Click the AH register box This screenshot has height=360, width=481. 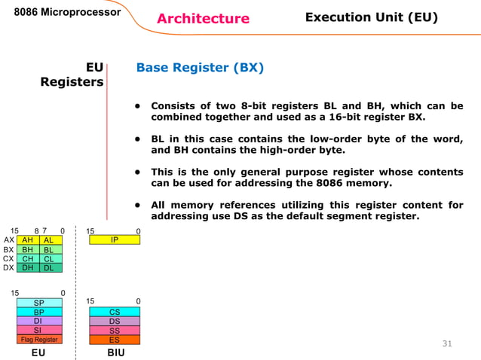tap(28, 239)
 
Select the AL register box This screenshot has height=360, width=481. tap(51, 239)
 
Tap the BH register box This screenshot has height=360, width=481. tap(28, 249)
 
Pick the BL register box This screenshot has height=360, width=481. tap(51, 249)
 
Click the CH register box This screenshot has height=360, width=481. tap(28, 258)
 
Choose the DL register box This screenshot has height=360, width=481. tap(51, 267)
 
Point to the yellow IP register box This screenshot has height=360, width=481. tap(114, 239)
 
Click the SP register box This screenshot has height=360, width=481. tap(39, 303)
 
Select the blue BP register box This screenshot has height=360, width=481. tap(39, 312)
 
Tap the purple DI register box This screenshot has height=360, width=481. tap(39, 321)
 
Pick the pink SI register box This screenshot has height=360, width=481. tap(39, 330)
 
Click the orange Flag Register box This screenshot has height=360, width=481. tap(39, 339)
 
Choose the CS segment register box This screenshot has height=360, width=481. tap(114, 312)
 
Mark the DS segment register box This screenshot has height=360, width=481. tap(114, 321)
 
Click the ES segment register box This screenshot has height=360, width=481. tap(114, 339)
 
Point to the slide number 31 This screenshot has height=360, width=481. tap(446, 344)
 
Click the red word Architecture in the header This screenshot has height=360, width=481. tap(203, 19)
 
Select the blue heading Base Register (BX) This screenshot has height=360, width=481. tap(200, 68)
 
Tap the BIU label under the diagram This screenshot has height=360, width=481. tap(115, 352)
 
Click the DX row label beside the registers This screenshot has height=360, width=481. tap(8, 267)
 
